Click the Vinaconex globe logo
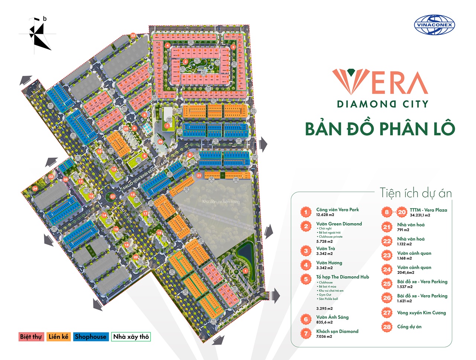coord(434,25)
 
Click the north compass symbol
coord(39,35)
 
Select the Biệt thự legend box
coord(31,337)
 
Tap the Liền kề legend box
coord(58,337)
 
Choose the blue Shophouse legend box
coord(91,337)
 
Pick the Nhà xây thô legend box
coord(131,337)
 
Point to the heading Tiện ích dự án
coord(415,193)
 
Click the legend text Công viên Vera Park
coord(337,210)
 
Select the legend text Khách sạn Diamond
coord(337,331)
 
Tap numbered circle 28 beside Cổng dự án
coord(387,327)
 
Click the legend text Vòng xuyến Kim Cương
coord(421,313)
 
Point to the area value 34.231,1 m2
coord(420,215)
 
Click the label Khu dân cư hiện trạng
coord(221,202)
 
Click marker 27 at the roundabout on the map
coord(113,197)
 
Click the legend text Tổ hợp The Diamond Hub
coord(342,277)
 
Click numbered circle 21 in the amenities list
coord(387,227)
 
